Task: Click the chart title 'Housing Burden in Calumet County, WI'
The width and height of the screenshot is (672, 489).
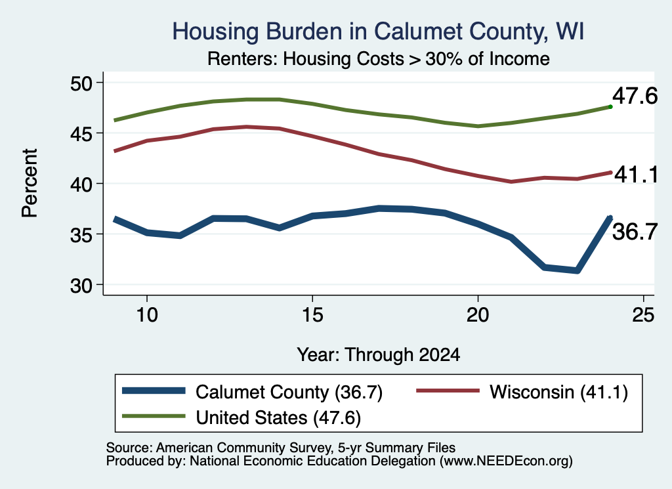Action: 378,32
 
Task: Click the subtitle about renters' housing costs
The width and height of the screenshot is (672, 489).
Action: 379,58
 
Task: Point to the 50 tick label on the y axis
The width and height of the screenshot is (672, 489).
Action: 81,83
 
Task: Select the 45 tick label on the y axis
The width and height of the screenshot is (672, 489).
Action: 81,133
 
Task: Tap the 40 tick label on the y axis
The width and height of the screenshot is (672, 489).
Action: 81,184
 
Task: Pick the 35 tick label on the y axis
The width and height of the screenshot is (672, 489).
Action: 81,234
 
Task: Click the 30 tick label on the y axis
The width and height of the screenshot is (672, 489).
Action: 81,285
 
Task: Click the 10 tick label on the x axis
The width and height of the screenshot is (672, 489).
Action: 147,315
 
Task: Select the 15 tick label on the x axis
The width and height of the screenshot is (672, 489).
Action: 312,315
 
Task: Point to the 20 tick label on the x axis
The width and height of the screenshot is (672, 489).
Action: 478,315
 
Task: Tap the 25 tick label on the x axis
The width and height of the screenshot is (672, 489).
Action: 643,315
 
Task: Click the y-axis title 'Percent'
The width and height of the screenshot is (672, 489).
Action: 30,183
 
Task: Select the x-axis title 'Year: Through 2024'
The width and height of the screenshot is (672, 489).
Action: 379,355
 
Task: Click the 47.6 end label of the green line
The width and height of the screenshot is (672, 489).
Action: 635,95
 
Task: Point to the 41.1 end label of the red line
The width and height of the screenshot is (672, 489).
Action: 636,175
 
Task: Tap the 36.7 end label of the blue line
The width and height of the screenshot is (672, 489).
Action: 635,232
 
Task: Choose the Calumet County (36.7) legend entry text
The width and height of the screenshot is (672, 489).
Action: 289,392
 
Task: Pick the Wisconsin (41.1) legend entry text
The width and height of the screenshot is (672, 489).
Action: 559,392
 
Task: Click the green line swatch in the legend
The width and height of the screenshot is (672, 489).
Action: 154,416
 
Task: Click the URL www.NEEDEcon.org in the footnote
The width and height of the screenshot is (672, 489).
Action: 506,461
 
